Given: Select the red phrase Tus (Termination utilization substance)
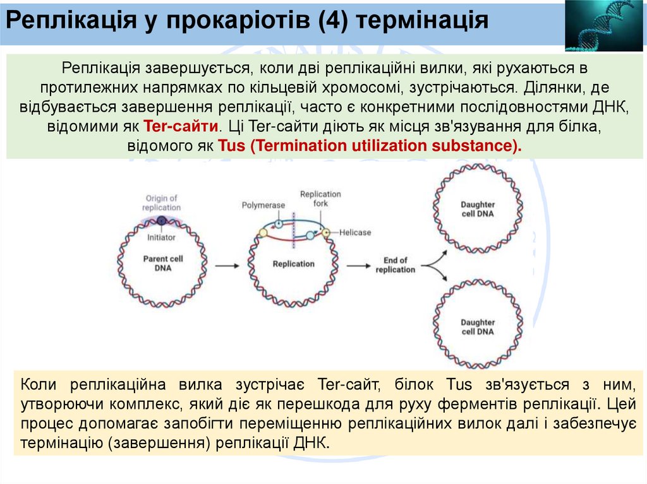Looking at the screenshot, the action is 370,146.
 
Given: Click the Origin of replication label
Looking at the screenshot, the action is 161,203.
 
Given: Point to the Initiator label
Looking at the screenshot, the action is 161,238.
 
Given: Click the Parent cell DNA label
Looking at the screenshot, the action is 162,263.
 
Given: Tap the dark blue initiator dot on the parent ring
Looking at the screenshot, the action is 161,221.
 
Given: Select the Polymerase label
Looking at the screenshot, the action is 263,205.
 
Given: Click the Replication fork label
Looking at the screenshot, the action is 320,199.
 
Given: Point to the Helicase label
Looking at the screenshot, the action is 354,232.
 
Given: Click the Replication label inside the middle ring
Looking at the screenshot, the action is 293,264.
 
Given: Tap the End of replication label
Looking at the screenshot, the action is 395,265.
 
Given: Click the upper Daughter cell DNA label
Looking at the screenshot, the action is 477,209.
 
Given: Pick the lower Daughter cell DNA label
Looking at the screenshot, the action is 477,327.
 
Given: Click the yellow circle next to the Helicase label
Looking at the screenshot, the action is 326,232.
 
